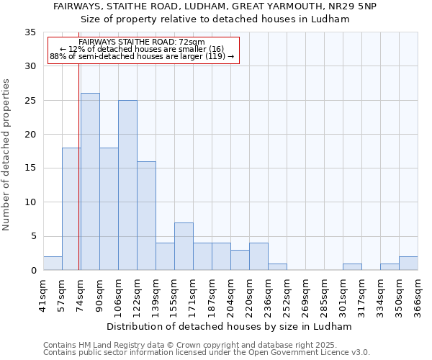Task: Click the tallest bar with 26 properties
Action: [90, 181]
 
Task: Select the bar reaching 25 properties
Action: [127, 185]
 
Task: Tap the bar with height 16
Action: [146, 216]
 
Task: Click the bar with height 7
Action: [184, 246]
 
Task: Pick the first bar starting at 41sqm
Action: [53, 264]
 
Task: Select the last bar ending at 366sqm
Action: [408, 264]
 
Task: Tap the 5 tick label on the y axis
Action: [33, 237]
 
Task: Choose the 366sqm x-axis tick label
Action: [418, 294]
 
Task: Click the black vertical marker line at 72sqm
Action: [78, 180]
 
